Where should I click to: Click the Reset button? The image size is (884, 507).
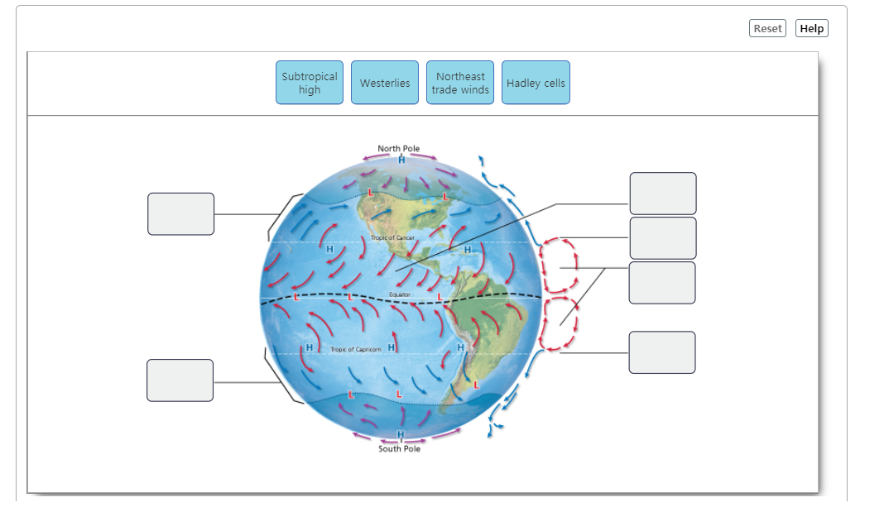767,28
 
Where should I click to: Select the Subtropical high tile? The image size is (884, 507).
310,83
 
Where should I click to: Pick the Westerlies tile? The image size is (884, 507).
385,83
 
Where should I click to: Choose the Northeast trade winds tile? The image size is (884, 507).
460,83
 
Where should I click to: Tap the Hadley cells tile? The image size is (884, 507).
536,83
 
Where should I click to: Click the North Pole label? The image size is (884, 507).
399,149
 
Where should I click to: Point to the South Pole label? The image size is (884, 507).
400,449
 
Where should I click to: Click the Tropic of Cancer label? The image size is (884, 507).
393,238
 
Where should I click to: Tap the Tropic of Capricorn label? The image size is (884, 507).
356,350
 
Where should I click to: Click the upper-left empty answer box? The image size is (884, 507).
181,214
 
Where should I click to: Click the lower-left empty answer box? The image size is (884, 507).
180,380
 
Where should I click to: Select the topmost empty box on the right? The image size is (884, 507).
663,194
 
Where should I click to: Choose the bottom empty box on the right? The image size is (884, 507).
662,352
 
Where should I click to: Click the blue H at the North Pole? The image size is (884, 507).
401,160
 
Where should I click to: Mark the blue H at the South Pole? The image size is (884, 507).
401,436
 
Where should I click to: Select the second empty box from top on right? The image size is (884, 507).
663,238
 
